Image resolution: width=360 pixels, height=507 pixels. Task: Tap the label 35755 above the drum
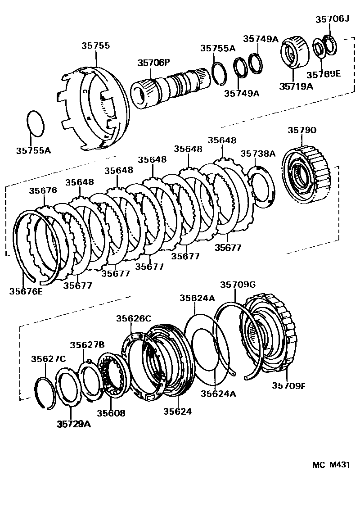pos(96,46)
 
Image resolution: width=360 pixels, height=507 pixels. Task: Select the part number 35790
pos(302,131)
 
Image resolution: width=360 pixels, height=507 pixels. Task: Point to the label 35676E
pos(26,291)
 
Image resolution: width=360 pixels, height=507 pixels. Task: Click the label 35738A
pos(257,154)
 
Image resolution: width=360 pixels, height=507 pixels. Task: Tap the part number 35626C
pos(133,318)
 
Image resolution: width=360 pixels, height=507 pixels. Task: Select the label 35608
pos(111,413)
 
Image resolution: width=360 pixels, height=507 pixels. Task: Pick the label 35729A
pos(74,424)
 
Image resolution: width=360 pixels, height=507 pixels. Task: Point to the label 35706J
pos(332,19)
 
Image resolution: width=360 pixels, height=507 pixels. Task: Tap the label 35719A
pos(296,86)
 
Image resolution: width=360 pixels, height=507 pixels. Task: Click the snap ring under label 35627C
pos(45,391)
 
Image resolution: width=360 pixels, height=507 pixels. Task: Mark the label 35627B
pos(87,345)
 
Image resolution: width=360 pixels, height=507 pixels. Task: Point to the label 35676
pos(43,190)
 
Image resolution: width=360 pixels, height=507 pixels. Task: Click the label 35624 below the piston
pos(177,411)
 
